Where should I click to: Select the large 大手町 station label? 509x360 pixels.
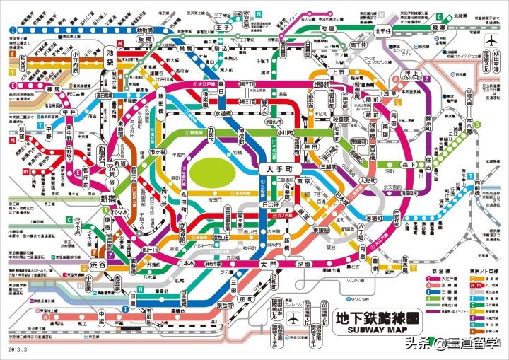point(279,170)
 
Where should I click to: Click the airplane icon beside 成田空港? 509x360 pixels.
point(492,41)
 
